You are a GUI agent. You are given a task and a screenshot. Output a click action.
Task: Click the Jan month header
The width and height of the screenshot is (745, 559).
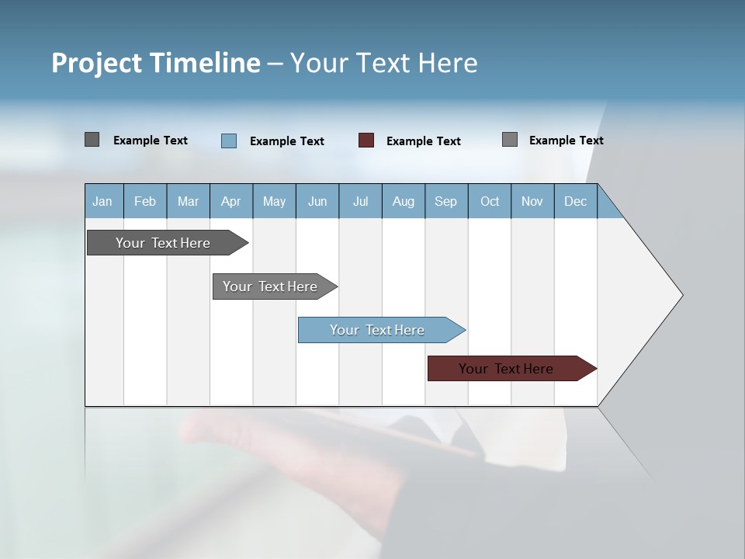point(103,201)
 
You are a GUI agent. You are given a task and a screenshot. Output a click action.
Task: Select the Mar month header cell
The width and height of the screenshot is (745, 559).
point(188,201)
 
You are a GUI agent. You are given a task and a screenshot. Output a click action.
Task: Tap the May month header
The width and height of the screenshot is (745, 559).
point(274,201)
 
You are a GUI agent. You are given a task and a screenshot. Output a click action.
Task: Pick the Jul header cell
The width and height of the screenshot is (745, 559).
point(360,201)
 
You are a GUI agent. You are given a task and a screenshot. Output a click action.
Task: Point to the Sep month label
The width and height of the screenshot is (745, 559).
point(445,201)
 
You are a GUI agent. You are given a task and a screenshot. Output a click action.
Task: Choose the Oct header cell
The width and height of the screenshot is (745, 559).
point(490,201)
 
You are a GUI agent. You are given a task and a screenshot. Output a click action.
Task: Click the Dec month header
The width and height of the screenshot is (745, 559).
point(575,201)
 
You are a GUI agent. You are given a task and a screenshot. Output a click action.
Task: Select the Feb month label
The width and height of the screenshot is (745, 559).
point(145,201)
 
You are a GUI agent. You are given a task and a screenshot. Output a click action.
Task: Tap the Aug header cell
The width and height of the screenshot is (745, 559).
point(403,201)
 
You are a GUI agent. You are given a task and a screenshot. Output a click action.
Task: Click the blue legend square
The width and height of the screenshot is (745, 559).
point(228,141)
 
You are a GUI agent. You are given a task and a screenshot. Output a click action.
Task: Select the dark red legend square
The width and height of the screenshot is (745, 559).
point(366,141)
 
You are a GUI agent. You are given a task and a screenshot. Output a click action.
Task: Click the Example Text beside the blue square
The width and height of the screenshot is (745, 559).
point(286,141)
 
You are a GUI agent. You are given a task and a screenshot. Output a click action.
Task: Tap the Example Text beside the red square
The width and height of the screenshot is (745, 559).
point(423,141)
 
